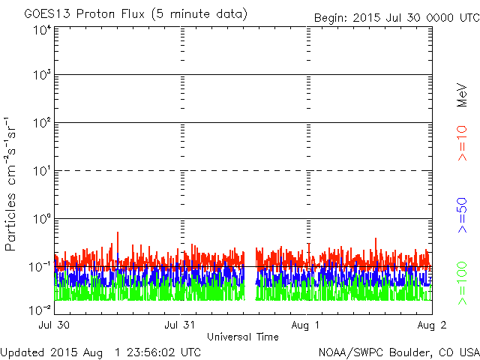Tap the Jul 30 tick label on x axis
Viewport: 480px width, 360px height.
(x=55, y=325)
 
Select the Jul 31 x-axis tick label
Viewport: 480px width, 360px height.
(x=181, y=325)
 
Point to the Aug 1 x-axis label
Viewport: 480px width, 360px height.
(x=306, y=325)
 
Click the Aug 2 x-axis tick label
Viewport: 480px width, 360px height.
(x=431, y=325)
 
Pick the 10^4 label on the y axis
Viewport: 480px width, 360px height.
(x=41, y=29)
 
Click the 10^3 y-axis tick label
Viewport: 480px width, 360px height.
(x=41, y=75)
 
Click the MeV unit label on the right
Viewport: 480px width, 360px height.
(x=463, y=94)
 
